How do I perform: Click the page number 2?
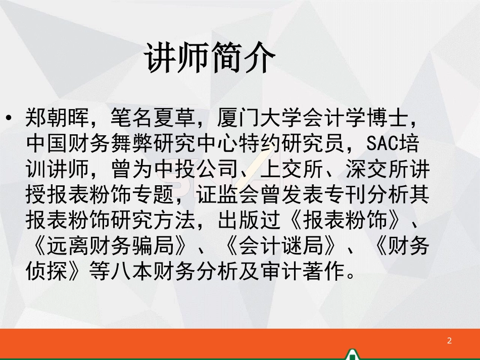449,341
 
